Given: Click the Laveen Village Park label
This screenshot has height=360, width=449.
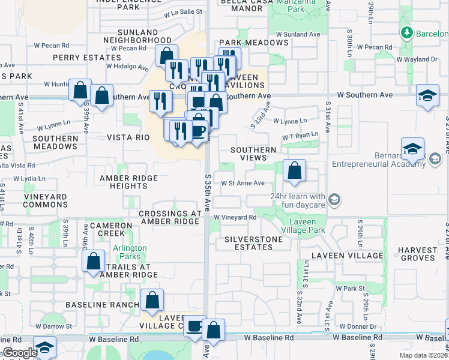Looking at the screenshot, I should coord(304,225).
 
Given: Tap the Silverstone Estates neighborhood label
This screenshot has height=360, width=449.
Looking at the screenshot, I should coord(253,243).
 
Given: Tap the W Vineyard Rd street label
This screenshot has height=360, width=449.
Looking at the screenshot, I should coord(235,217).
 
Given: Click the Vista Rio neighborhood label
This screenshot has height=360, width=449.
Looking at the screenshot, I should coord(128,137).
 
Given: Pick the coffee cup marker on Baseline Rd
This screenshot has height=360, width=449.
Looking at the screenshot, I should coord(194,326).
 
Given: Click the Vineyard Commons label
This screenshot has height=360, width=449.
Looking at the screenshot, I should coord(46,200).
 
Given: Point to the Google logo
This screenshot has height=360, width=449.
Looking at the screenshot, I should coord(19,353).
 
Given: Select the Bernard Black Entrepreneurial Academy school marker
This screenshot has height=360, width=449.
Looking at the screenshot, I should coord(413,149).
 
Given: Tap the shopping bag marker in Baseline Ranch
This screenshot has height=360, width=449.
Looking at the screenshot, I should coord(152,300).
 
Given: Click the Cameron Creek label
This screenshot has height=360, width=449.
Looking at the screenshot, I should coord(110,229).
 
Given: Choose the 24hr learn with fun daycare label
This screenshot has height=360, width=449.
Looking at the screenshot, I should coord(298,200).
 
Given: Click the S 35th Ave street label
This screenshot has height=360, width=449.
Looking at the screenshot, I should coord(207,192).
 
